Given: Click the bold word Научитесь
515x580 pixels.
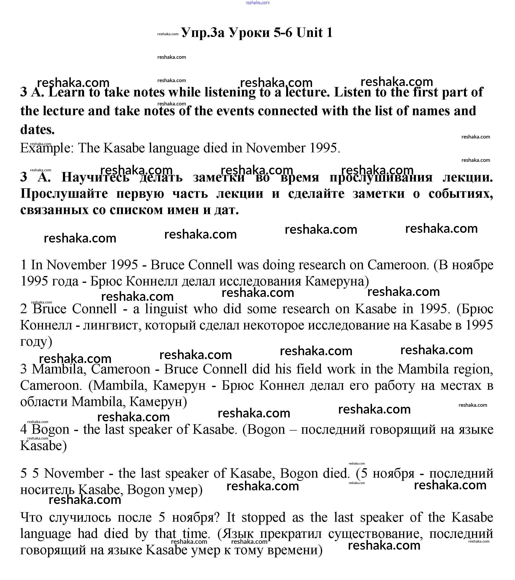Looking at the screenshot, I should pos(95,178).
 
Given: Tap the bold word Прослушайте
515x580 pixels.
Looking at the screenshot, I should pos(64,194).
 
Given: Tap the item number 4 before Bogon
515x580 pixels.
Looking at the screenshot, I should pos(24,430).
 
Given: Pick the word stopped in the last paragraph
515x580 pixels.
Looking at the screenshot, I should pos(263,518).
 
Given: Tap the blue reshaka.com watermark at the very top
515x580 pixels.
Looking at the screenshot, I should pos(257,3).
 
